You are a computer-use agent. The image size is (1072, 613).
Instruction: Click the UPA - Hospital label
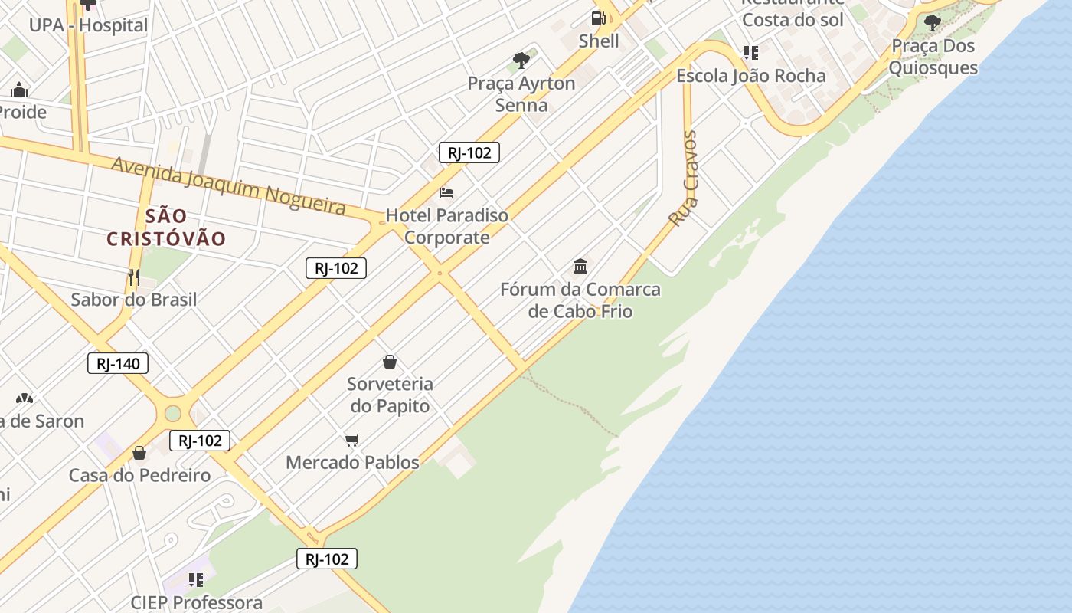click(88, 25)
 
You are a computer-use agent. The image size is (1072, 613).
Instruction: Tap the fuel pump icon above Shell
click(598, 18)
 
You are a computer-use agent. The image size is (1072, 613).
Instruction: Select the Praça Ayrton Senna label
click(521, 94)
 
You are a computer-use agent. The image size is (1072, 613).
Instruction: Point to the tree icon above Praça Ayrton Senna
click(521, 60)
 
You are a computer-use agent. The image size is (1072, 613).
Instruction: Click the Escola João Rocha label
click(750, 76)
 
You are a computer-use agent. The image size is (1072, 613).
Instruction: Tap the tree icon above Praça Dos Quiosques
click(932, 23)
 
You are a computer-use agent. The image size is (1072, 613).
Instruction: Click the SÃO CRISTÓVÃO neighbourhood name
click(166, 228)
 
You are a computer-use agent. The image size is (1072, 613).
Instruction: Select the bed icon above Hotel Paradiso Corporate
click(446, 192)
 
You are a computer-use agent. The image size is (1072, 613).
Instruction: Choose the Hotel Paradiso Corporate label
click(447, 226)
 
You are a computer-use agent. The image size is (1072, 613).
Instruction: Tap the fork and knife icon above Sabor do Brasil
click(134, 277)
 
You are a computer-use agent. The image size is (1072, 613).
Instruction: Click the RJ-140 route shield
click(118, 363)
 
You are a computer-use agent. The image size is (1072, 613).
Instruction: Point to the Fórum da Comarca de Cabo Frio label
click(580, 300)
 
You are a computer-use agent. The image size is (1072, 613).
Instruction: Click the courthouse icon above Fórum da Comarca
click(580, 267)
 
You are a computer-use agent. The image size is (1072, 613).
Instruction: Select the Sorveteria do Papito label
click(390, 395)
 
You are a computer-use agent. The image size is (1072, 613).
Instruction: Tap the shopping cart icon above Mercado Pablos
click(352, 440)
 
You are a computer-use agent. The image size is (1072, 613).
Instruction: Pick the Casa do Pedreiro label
click(139, 476)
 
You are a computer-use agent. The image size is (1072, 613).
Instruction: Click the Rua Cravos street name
click(683, 178)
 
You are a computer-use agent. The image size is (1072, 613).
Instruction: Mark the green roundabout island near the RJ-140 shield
click(173, 413)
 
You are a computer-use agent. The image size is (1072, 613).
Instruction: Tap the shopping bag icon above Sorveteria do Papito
click(390, 362)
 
